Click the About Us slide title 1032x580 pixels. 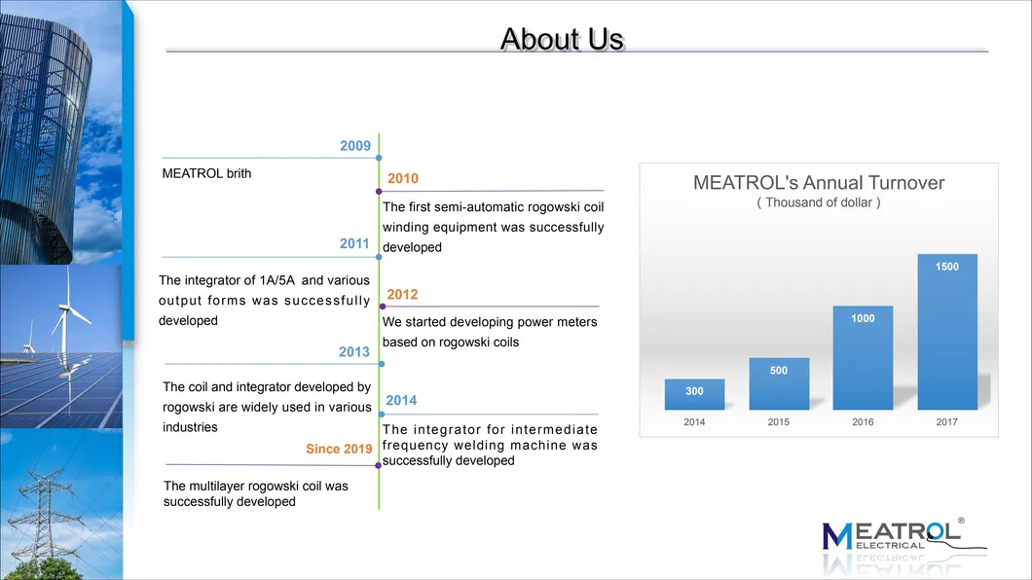(562, 39)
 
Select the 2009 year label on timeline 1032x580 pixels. (355, 146)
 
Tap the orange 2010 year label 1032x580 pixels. (403, 179)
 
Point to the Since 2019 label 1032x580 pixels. (338, 449)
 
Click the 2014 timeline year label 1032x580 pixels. (401, 400)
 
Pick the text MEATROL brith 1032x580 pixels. (206, 173)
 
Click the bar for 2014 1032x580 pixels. (694, 394)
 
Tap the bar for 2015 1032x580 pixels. (779, 383)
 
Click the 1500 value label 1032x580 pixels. (947, 267)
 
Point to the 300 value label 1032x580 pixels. (694, 391)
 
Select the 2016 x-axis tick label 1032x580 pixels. (863, 422)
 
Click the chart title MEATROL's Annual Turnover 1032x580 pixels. (819, 183)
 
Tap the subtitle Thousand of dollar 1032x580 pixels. (819, 202)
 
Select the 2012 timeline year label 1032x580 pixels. (403, 295)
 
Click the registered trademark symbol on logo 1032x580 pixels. (961, 522)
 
